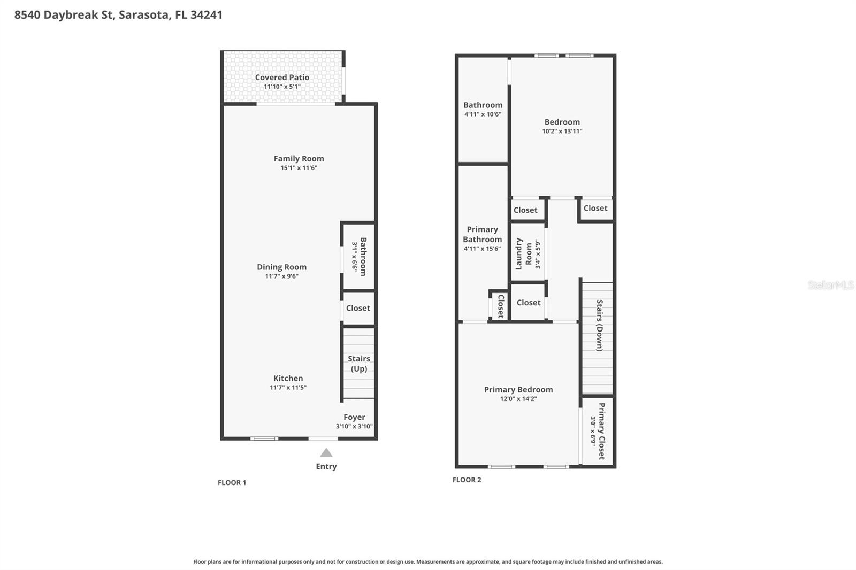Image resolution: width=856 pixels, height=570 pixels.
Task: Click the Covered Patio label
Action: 282,78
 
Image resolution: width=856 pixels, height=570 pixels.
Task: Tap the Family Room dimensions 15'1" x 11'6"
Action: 299,168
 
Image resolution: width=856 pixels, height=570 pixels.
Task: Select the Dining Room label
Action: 281,267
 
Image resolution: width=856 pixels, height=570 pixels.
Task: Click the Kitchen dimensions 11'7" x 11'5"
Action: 288,388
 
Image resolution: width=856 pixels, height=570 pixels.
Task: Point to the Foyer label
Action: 354,417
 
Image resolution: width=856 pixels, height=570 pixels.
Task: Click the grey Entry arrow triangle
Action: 326,453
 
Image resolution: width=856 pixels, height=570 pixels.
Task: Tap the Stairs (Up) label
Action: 358,364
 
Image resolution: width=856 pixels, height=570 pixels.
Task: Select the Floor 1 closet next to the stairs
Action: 358,308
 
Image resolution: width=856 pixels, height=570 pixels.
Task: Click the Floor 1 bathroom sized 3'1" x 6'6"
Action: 359,256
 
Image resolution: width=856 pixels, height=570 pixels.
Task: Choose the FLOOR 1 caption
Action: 232,482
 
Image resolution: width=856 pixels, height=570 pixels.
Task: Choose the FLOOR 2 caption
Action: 467,480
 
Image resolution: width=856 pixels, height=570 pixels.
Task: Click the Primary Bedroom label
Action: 518,390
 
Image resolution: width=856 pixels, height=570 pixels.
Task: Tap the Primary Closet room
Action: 598,431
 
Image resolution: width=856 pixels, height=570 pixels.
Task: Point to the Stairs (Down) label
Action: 599,325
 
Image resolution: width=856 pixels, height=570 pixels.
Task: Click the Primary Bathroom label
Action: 482,234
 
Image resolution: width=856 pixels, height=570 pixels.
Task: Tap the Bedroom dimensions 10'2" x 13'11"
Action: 562,131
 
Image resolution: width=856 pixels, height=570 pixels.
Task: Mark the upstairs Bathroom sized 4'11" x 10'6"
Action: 483,109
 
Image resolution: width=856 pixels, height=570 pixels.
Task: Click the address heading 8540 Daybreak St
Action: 118,15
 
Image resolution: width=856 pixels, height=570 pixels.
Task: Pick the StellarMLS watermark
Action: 830,286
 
